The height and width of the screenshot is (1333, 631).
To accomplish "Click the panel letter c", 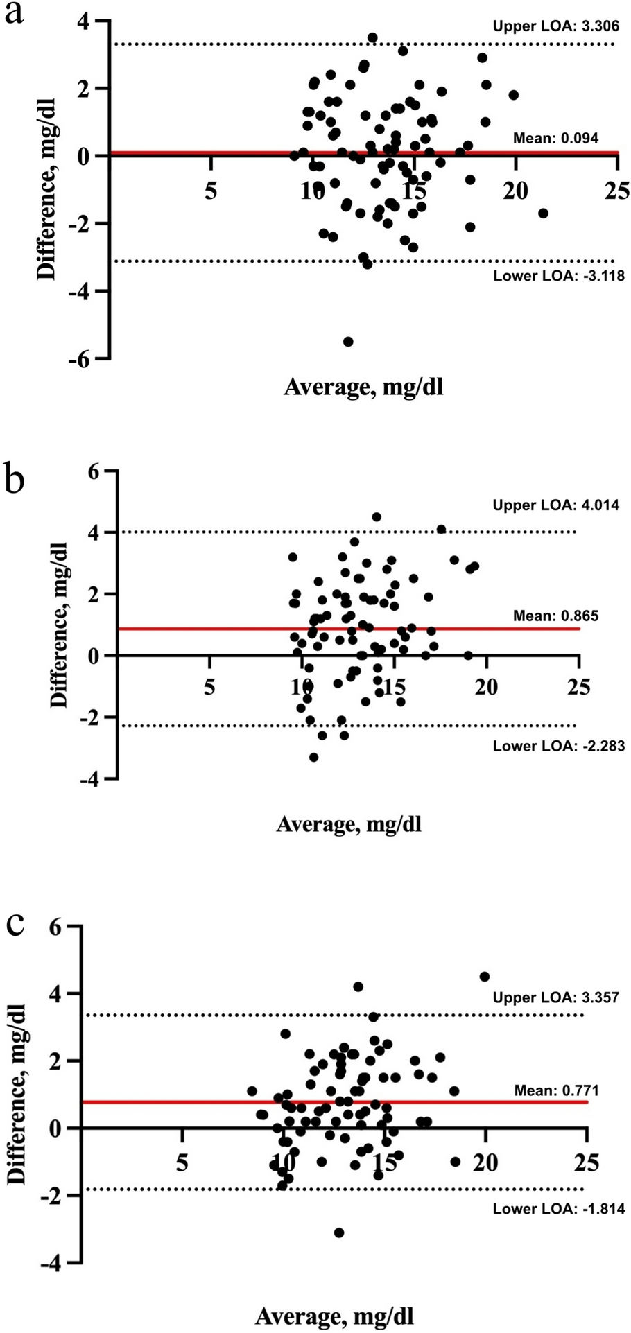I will click(15, 924).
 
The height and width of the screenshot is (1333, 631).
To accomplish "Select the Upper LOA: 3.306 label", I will click(555, 26).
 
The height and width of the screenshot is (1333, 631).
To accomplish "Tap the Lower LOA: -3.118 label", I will click(559, 276).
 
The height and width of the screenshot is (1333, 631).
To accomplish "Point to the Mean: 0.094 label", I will click(555, 138).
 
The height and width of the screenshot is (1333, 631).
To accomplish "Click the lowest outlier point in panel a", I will click(348, 341).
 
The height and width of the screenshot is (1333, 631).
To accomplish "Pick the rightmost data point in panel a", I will click(543, 213).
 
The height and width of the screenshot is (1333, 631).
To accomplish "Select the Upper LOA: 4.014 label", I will click(556, 505).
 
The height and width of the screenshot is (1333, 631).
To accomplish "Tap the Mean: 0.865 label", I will click(556, 616).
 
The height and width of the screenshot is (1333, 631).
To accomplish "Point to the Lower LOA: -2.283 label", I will click(559, 747).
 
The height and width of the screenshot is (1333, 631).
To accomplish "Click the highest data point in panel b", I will click(377, 517).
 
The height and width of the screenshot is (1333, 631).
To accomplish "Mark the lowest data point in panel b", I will click(313, 757).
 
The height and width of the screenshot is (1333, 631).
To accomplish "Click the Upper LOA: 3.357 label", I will click(556, 997).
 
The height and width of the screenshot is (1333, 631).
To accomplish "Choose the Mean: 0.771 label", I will click(557, 1090).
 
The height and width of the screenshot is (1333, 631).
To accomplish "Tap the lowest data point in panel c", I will click(339, 1232).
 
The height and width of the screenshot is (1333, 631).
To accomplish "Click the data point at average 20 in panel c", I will click(485, 977).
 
